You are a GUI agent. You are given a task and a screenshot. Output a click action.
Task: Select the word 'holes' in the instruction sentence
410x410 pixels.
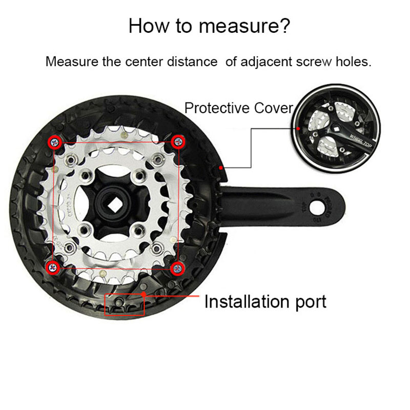click(353, 62)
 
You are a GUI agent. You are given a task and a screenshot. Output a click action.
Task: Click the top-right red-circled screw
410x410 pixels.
click(178, 142)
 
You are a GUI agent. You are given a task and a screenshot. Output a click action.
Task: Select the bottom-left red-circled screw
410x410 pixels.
click(53, 266)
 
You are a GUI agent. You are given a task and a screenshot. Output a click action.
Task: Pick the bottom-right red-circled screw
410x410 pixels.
click(177, 267)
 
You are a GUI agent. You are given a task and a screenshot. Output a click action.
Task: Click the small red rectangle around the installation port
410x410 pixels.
click(125, 305)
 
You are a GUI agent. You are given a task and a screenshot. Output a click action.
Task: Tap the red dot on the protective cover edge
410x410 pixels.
click(220, 167)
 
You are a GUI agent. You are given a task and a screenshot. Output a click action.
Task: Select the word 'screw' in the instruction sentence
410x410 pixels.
click(320, 62)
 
